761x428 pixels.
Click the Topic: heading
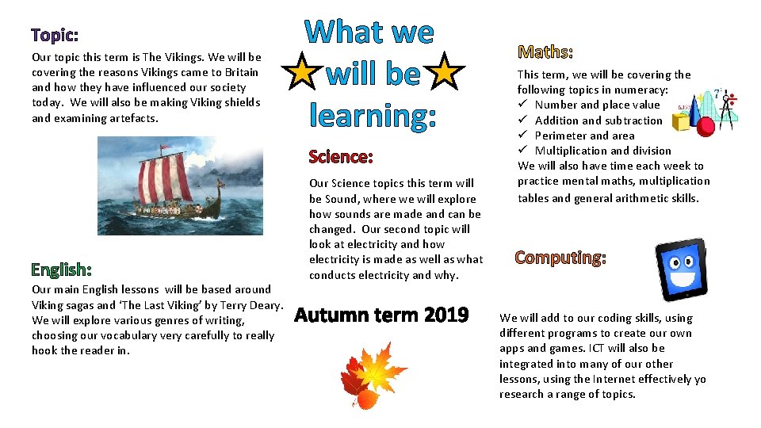click(x=55, y=36)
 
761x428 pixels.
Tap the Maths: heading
click(x=545, y=52)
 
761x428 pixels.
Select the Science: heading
click(x=341, y=156)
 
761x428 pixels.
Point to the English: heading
click(x=62, y=271)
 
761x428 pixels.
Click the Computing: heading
click(x=560, y=258)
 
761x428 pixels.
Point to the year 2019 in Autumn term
click(x=446, y=315)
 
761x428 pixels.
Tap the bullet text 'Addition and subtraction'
click(x=598, y=120)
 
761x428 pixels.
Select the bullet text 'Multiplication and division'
click(x=602, y=151)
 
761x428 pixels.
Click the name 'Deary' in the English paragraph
click(x=266, y=305)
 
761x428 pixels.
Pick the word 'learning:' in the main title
click(x=373, y=116)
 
